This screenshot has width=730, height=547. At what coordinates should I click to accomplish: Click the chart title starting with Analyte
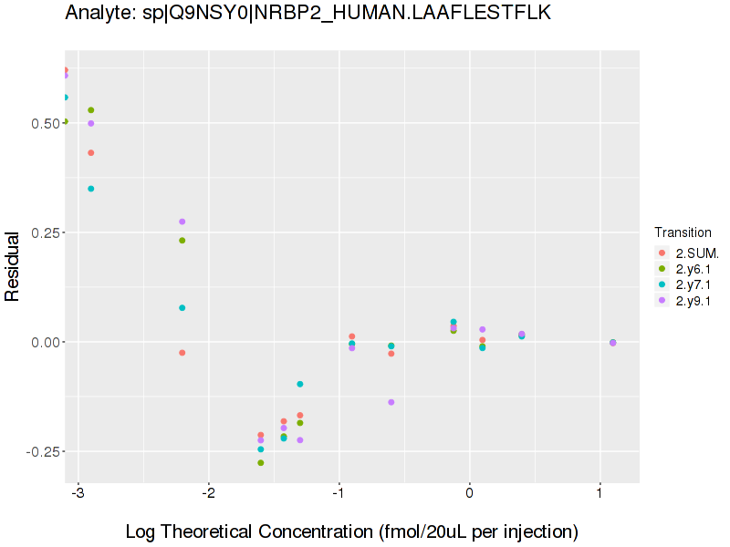pos(308,13)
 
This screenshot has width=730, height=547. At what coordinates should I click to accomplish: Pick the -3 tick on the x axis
pos(78,496)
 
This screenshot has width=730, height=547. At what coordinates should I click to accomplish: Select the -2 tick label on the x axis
pos(209,496)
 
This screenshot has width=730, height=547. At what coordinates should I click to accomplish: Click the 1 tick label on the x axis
pos(600,496)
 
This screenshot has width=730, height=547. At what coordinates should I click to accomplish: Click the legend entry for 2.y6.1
pos(693,269)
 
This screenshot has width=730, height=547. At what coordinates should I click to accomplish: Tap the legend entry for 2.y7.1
pos(693,284)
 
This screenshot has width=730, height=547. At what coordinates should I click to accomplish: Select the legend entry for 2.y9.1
pos(693,300)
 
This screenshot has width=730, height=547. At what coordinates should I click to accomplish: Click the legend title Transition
pos(683,232)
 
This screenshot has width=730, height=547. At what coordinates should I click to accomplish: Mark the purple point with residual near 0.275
pos(182,222)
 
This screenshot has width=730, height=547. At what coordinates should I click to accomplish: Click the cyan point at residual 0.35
pos(91,189)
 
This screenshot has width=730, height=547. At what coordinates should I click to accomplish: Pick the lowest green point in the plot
pos(261,463)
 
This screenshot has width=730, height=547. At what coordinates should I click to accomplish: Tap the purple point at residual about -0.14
pos(391,402)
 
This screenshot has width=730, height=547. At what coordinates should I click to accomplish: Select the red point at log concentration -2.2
pos(182,353)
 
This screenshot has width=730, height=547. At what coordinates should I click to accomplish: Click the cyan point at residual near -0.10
pos(300,385)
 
